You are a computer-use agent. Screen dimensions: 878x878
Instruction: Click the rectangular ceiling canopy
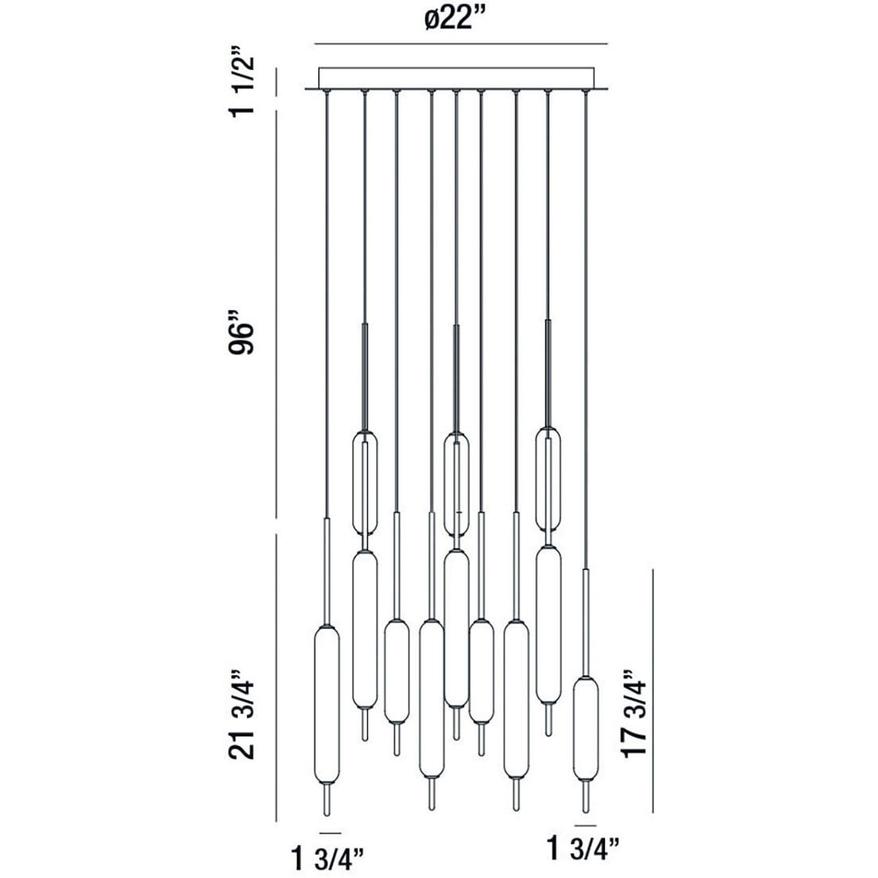point(456,77)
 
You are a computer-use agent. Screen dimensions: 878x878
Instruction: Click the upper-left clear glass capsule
point(364,482)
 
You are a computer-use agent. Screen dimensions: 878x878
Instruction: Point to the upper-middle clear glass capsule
point(456,483)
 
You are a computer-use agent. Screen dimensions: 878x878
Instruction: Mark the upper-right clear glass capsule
point(548,479)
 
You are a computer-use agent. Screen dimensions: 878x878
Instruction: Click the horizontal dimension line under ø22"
point(461,43)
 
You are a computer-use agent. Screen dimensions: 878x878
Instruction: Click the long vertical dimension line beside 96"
point(276,318)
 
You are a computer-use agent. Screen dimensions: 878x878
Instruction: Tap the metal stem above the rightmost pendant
point(585,620)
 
